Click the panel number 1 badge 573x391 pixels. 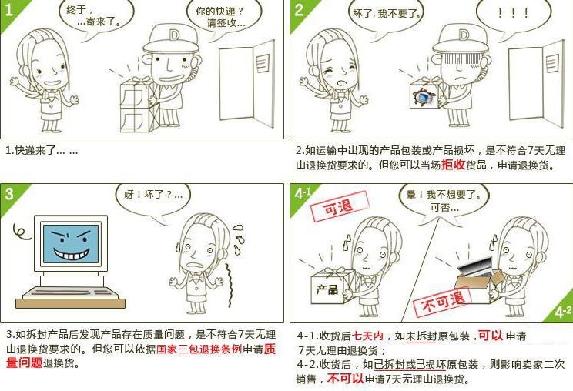coord(8,10)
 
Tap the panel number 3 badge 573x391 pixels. coord(9,193)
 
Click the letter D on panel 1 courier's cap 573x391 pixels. coord(174,35)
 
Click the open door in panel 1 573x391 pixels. coord(246,83)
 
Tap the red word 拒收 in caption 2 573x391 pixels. coord(453,165)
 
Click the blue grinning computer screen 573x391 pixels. coord(71,243)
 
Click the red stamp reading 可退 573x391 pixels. coord(339,206)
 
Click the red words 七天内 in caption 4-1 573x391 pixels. coord(368,336)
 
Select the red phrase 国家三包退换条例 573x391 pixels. coord(199,349)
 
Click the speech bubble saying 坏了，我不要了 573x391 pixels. coord(387,16)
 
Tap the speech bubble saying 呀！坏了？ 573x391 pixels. coord(153,200)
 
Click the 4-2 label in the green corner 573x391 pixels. coord(562,312)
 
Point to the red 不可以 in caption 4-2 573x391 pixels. coord(345,379)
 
